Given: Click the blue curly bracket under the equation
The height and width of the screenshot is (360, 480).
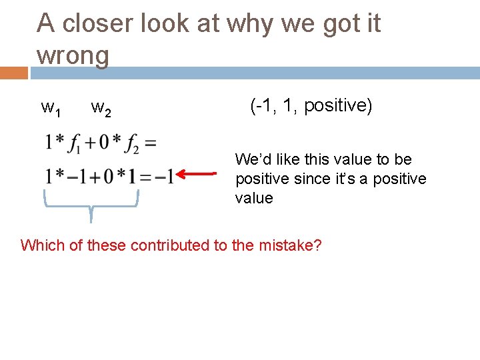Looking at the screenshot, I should pos(91,203).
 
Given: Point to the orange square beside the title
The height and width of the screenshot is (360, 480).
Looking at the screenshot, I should pos(13,73).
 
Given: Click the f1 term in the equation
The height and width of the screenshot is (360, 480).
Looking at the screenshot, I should pos(75,143).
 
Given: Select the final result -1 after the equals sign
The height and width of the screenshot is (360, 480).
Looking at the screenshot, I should pos(167,176).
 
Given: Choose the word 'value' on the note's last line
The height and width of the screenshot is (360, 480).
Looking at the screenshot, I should pos(254,198).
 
